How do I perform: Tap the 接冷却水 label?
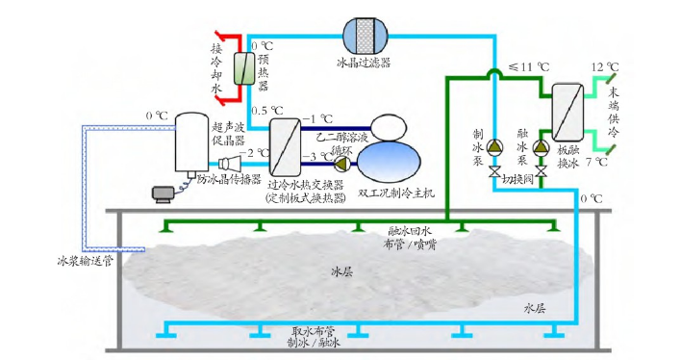tap(217, 66)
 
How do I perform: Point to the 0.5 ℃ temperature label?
tap(265, 110)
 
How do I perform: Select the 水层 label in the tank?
tap(534, 310)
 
